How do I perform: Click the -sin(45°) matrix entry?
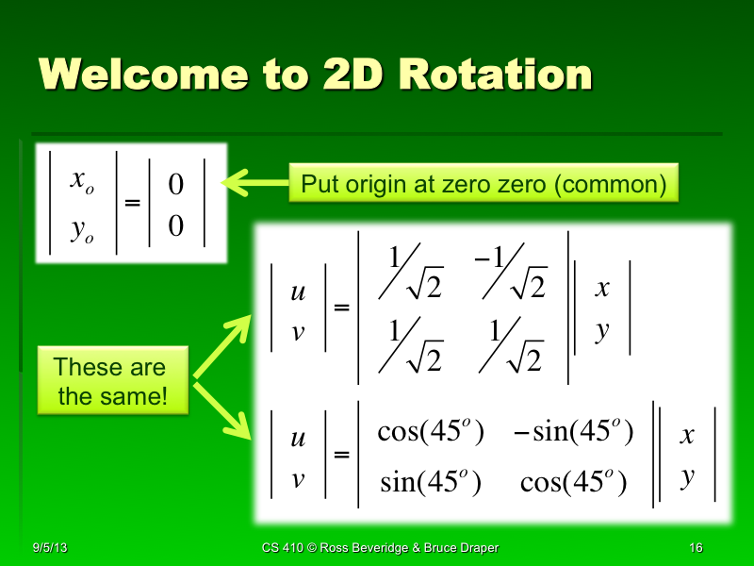[x=573, y=433]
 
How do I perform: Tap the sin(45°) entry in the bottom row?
[x=430, y=484]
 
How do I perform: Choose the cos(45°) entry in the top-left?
[x=430, y=433]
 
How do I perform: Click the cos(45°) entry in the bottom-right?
[x=573, y=484]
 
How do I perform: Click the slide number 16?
[x=697, y=548]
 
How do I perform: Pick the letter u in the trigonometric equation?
[x=298, y=439]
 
